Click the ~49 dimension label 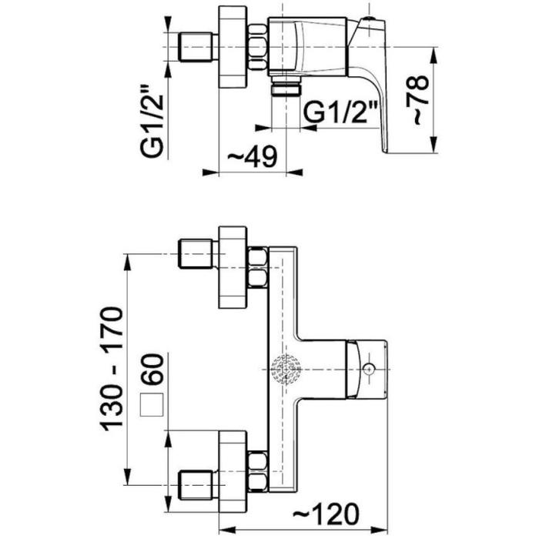pyautogui.click(x=253, y=157)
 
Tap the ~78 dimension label pyautogui.click(x=417, y=99)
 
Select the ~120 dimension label pyautogui.click(x=326, y=514)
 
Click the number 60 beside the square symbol pyautogui.click(x=152, y=369)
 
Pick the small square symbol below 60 pyautogui.click(x=152, y=405)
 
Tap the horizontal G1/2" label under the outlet pyautogui.click(x=341, y=112)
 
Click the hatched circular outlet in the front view pyautogui.click(x=286, y=369)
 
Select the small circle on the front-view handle pyautogui.click(x=368, y=370)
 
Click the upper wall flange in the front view pyautogui.click(x=233, y=267)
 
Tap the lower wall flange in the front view pyautogui.click(x=233, y=471)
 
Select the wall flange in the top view pyautogui.click(x=233, y=47)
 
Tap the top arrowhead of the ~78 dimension pyautogui.click(x=434, y=55)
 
